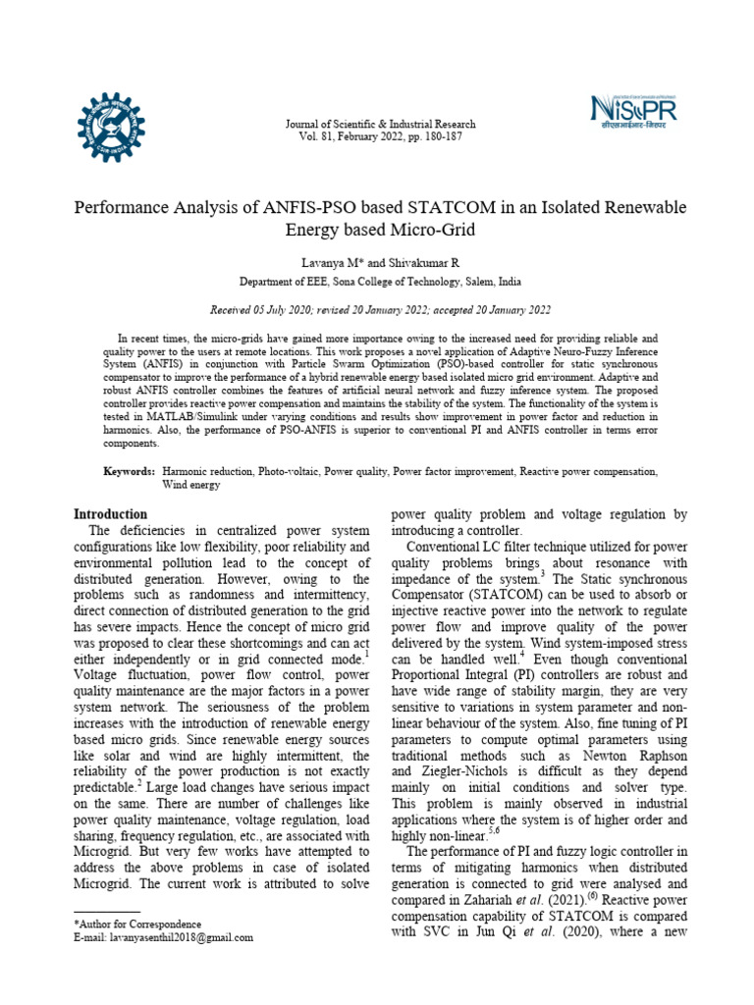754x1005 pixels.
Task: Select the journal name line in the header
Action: point(379,125)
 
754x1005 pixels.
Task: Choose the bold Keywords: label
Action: point(130,472)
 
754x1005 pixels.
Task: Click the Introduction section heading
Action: point(112,514)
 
